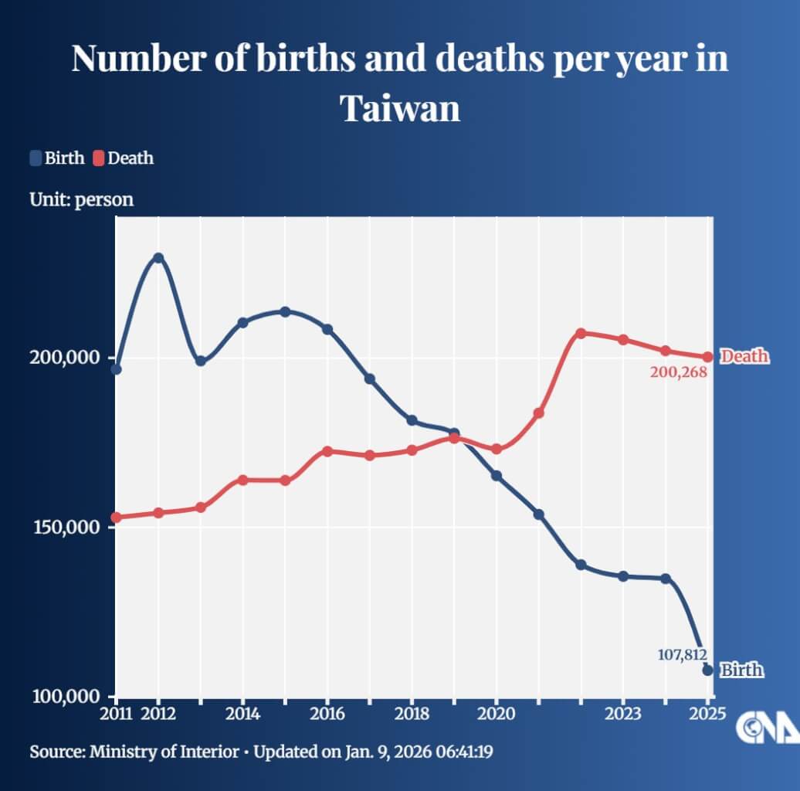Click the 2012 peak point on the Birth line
point(158,257)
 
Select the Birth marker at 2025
point(707,670)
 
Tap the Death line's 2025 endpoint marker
point(707,357)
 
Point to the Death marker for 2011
point(117,517)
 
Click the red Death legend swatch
point(99,158)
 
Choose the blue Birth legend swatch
point(36,158)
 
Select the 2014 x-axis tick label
point(242,713)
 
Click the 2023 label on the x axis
point(623,713)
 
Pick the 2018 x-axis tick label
point(412,713)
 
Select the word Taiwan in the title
point(400,108)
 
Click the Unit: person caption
point(81,199)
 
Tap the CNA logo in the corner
point(765,727)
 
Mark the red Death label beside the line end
point(744,356)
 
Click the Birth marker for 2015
point(285,311)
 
